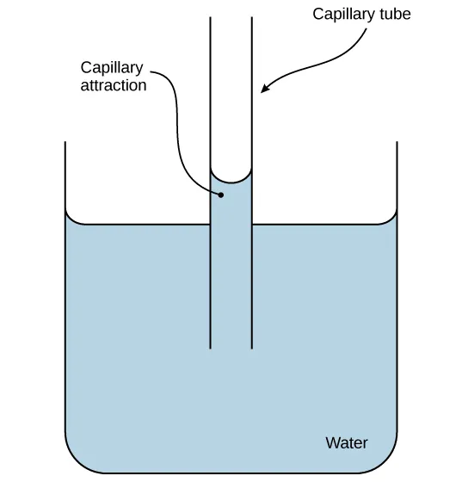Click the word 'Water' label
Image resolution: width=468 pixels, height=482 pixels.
(x=346, y=443)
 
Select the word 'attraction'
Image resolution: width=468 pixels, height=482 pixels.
(x=114, y=85)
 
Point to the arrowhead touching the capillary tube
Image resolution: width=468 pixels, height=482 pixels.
(x=264, y=89)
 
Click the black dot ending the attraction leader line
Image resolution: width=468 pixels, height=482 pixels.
(x=221, y=195)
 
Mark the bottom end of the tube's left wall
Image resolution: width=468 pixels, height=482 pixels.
(x=211, y=348)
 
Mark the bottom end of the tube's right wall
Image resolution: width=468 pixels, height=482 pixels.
(x=252, y=348)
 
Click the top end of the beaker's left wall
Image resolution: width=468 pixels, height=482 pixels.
(x=66, y=143)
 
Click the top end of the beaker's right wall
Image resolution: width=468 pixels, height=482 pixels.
(x=397, y=143)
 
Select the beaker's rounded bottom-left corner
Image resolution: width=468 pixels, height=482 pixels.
(x=74, y=463)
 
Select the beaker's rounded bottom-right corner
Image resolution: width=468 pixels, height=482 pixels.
(x=389, y=463)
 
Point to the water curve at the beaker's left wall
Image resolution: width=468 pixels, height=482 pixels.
(x=71, y=218)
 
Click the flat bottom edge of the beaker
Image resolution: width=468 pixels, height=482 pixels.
(x=231, y=473)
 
